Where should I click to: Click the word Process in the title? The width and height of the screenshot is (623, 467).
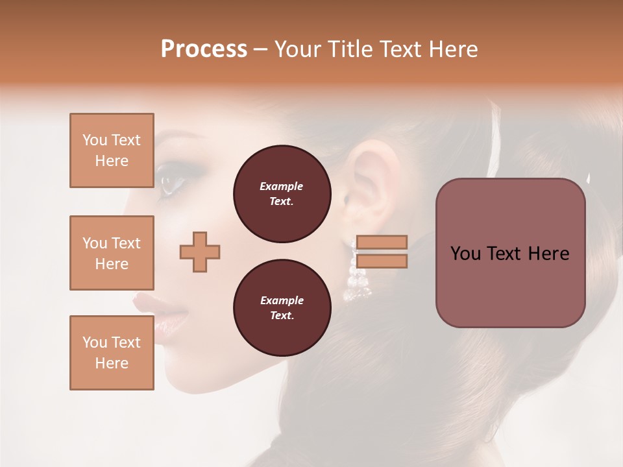(204, 49)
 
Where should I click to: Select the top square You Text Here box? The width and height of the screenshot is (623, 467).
(112, 150)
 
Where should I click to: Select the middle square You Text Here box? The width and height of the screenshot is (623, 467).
(112, 253)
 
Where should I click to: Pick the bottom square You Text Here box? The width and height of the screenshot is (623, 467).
(112, 353)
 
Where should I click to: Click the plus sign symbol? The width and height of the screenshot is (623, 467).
(200, 252)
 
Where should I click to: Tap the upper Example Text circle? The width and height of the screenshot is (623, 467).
(282, 194)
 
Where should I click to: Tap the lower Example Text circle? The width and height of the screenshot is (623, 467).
(282, 308)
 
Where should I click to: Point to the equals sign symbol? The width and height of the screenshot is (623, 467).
(382, 252)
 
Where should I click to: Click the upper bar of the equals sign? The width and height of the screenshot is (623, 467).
(382, 243)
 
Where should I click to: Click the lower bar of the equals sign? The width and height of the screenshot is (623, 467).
(382, 261)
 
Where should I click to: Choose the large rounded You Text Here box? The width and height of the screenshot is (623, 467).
(510, 253)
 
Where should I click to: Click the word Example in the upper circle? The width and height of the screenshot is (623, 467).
(282, 186)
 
